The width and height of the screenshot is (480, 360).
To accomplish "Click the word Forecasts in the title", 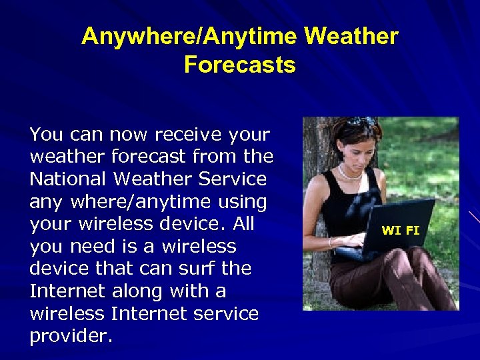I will click(x=239, y=65).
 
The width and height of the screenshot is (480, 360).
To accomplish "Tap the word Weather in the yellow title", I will click(x=351, y=36).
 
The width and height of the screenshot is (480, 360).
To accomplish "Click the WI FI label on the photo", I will click(x=400, y=231).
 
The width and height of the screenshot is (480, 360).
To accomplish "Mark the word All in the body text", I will click(x=239, y=224).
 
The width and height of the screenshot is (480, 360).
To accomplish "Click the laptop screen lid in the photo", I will click(x=400, y=227).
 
